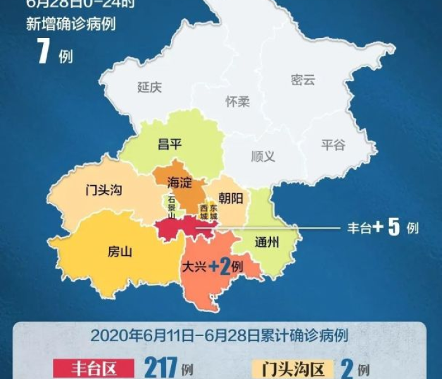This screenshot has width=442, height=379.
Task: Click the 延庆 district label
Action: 150,87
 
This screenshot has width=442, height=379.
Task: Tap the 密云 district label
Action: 302,80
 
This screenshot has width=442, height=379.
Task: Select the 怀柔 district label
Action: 237,102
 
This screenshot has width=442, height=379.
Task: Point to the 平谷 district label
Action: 333,145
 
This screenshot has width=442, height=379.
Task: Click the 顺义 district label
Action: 263,156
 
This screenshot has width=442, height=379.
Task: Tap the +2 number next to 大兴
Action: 218,267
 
